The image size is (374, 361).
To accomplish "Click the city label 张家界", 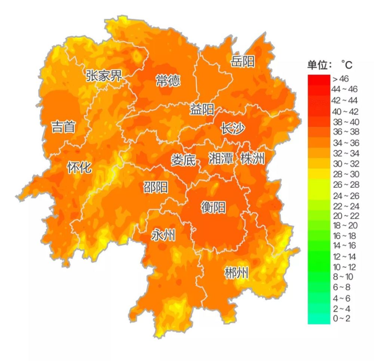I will coord(104,76).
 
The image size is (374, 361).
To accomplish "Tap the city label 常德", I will coord(168,80).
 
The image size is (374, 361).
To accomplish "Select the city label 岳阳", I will coord(243,61).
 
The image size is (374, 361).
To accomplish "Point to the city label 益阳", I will coord(202,110).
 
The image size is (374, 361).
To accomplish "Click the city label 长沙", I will coord(232,129).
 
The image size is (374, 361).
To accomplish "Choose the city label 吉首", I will coord(63,127).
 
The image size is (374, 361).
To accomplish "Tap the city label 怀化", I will coord(79,167).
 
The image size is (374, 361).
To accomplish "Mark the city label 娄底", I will coord(183,160).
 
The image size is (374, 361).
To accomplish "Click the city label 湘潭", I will coord(221,159).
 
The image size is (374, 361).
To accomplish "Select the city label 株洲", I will coord(252,159).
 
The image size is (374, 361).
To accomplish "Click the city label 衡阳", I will coord(213,207).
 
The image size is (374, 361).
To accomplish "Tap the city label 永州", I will coord(163,235).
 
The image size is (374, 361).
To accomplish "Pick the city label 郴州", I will coord(236,273).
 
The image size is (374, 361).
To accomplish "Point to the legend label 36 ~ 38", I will coord(344,132).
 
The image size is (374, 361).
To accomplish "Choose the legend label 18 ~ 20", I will coord(344,225).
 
